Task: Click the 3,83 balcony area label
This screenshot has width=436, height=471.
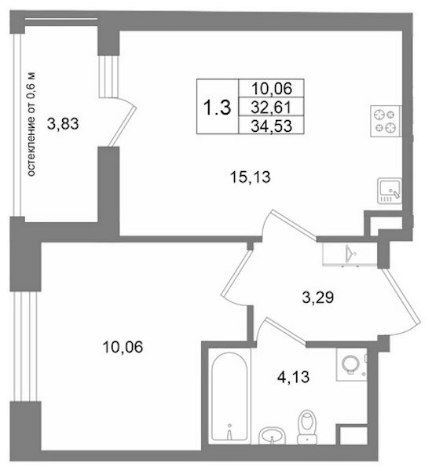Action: (63, 124)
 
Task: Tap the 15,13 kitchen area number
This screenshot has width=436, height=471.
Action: (250, 177)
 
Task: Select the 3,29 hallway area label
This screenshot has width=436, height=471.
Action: (318, 298)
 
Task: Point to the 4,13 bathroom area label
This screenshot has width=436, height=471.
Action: (293, 377)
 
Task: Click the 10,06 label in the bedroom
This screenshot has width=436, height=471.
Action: (123, 347)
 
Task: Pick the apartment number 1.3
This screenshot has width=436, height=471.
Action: (217, 108)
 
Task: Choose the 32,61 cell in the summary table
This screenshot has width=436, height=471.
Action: (271, 108)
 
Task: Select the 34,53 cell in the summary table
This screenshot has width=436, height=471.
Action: (271, 126)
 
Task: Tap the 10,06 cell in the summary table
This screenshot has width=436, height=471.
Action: (271, 88)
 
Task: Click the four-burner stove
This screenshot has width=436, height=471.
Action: (386, 121)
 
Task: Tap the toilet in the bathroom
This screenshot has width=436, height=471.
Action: (307, 427)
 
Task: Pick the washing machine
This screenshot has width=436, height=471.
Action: (351, 365)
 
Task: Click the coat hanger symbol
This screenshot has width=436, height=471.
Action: (350, 254)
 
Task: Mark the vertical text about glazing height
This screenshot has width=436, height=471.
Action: (31, 124)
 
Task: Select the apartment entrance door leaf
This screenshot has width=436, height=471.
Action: (401, 297)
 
